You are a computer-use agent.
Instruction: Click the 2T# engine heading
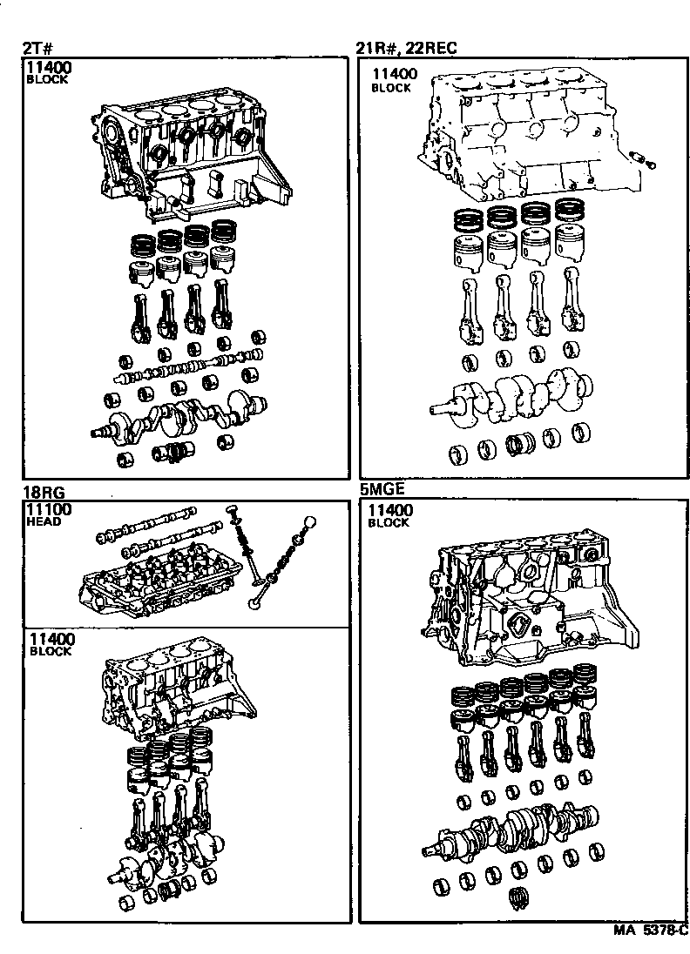33,49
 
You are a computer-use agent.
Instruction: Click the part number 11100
49,509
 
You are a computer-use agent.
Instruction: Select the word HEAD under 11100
45,522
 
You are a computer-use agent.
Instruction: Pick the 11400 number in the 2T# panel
49,67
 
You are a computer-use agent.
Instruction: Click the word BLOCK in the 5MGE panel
389,523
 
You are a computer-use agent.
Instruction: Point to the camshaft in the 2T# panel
187,366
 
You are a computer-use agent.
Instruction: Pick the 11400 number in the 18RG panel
49,638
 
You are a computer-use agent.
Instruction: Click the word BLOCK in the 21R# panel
391,88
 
